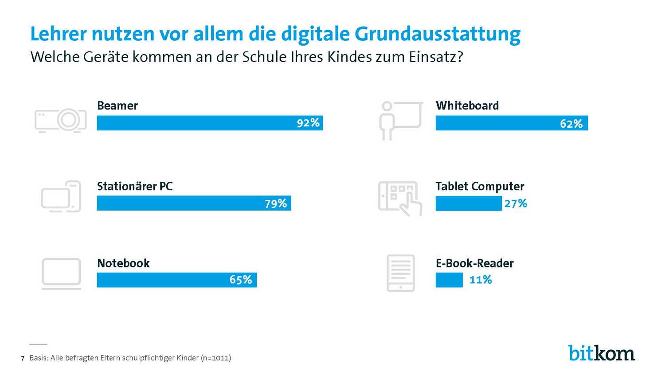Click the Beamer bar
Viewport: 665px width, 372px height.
click(195, 123)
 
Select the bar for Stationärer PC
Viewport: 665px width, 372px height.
click(177, 203)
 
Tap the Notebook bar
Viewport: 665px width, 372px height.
click(160, 280)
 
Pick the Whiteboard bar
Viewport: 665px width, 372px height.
click(497, 123)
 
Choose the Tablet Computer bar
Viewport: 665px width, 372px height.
click(469, 204)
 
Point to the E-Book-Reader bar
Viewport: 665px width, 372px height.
click(449, 280)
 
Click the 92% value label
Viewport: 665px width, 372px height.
click(308, 123)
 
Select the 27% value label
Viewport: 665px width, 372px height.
click(516, 204)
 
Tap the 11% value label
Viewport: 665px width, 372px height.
click(481, 280)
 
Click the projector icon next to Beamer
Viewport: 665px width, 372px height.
click(61, 120)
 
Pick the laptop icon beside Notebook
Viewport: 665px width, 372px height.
click(61, 274)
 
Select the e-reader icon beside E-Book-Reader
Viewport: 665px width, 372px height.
click(401, 273)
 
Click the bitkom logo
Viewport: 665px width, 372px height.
click(601, 353)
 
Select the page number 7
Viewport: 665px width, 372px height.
click(23, 358)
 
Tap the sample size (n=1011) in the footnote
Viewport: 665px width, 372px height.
click(216, 358)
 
